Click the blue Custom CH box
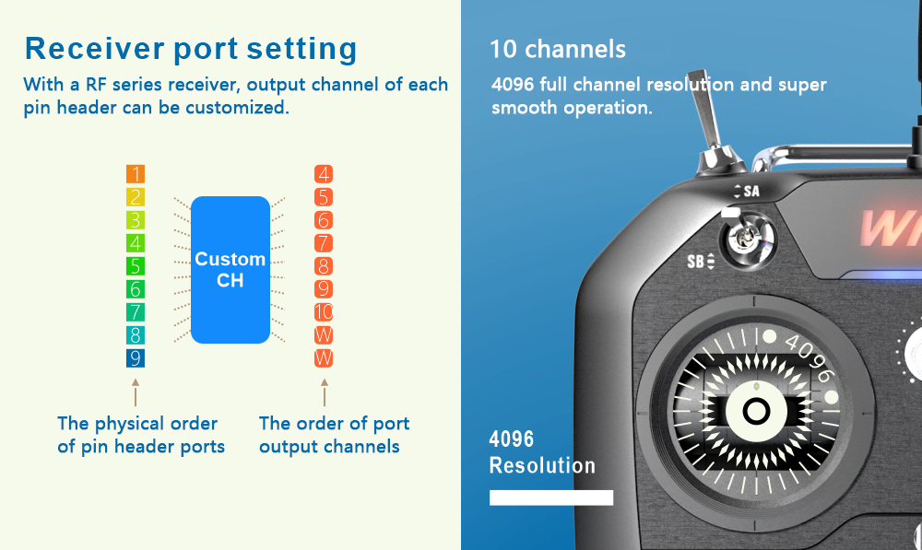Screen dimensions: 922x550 (230, 270)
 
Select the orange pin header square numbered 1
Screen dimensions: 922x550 (136, 174)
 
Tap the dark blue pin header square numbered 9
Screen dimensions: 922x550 (136, 357)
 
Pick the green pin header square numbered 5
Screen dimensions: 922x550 (136, 266)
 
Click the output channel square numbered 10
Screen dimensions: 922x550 (324, 312)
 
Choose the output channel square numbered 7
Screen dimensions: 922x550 (324, 242)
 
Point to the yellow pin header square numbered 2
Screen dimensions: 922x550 (136, 197)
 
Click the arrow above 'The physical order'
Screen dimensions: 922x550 (136, 392)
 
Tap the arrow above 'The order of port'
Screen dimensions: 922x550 (324, 392)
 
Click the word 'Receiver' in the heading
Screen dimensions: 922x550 (95, 49)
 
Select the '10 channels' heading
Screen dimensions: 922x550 (558, 50)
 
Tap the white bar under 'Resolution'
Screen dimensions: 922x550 (551, 497)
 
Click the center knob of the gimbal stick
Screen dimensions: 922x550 (756, 411)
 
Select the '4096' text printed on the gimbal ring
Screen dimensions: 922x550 (810, 357)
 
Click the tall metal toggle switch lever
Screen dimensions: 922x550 (706, 111)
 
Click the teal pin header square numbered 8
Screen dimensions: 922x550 (136, 335)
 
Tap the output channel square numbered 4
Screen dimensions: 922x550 (324, 174)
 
